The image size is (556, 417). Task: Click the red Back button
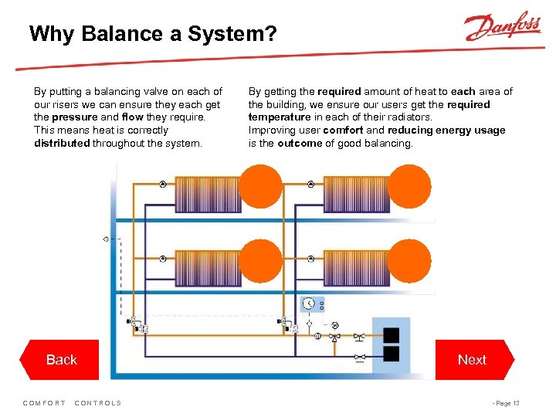point(62,360)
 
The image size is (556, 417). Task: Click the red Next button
point(472,360)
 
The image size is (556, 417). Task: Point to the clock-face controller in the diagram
point(310,303)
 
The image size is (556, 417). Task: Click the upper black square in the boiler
point(392,336)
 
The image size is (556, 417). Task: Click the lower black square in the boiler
point(392,354)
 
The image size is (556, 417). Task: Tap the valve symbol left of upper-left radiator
point(162,185)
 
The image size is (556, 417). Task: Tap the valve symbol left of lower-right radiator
point(311,259)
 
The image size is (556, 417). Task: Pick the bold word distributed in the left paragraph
point(62,143)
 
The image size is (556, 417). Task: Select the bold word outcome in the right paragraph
point(299,143)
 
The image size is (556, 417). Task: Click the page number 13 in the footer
point(516,403)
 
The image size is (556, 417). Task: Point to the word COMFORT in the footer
point(45,403)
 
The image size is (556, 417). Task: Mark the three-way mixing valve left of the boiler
point(335,337)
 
